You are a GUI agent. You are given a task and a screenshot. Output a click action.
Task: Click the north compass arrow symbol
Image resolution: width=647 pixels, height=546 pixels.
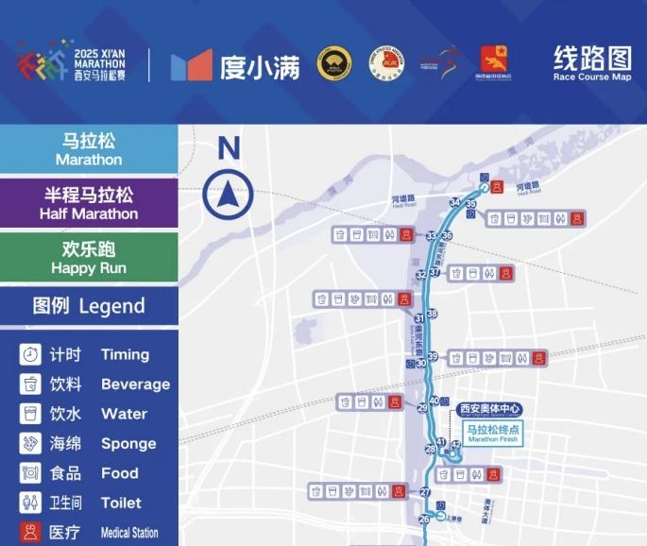pyautogui.click(x=228, y=196)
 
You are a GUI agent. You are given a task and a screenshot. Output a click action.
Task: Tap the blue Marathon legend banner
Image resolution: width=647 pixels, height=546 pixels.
pyautogui.click(x=89, y=149)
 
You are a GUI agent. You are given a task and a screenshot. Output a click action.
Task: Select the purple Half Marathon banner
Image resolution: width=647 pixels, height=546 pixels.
pyautogui.click(x=89, y=203)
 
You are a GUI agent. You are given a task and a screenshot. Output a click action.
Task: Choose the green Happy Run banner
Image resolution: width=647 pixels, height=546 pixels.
pyautogui.click(x=89, y=257)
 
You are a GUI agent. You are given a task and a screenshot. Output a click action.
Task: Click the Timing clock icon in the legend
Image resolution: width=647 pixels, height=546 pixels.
pyautogui.click(x=30, y=354)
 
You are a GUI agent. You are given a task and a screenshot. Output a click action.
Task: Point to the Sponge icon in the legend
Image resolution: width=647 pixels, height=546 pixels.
pyautogui.click(x=30, y=443)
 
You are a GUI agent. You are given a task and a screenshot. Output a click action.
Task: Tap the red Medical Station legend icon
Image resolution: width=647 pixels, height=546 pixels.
pyautogui.click(x=30, y=532)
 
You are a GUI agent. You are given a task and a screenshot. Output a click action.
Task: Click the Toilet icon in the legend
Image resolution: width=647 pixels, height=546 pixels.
pyautogui.click(x=30, y=503)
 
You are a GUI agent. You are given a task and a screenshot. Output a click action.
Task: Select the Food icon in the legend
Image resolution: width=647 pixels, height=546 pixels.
pyautogui.click(x=30, y=473)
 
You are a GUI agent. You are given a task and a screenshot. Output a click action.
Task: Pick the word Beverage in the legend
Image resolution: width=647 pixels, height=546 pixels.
pyautogui.click(x=135, y=384)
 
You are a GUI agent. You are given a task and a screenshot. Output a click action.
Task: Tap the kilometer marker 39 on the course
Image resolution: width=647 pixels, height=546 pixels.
pyautogui.click(x=433, y=356)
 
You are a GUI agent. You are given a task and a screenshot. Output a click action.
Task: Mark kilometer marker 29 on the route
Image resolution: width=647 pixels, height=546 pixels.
pyautogui.click(x=422, y=408)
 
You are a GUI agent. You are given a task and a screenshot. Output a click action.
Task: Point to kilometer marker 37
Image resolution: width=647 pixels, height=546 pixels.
pyautogui.click(x=434, y=272)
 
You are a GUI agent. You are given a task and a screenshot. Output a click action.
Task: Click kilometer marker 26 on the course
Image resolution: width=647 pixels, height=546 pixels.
pyautogui.click(x=424, y=520)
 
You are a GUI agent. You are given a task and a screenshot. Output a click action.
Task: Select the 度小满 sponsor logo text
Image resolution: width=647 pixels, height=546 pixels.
pyautogui.click(x=260, y=65)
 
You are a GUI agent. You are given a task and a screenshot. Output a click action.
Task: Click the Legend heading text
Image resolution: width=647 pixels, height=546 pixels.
pyautogui.click(x=89, y=306)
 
